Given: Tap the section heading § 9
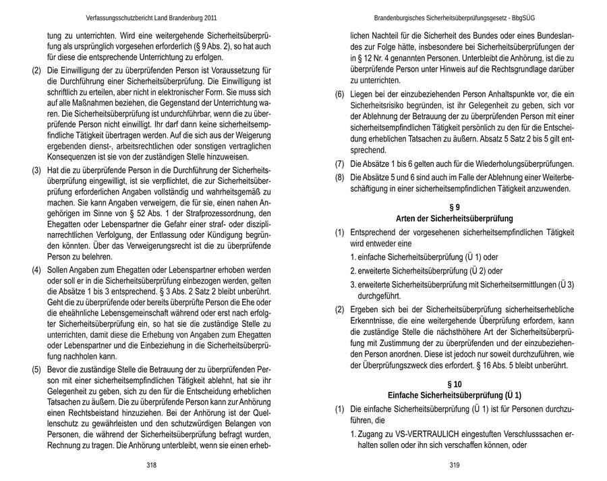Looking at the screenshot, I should point(454,206).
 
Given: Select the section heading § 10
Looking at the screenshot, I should point(454,383).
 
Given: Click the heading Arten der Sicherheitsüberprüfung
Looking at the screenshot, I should point(454,218).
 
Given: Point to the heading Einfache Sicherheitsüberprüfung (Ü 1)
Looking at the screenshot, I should point(454,395).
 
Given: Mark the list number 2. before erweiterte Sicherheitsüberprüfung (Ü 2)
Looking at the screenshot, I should point(353,271).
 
